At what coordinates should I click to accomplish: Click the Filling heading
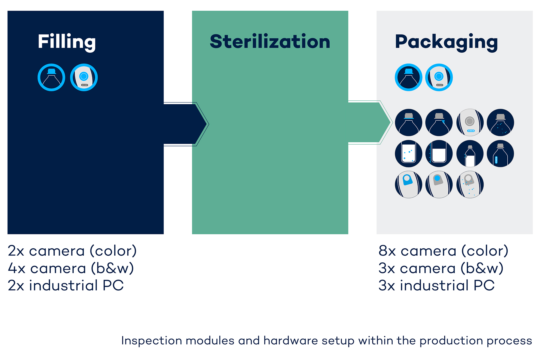click(x=67, y=42)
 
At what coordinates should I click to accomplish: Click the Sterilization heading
click(x=270, y=41)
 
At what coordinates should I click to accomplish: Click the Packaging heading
click(x=446, y=42)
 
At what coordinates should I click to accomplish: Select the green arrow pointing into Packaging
click(x=370, y=122)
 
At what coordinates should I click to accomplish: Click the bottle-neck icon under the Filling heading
click(x=51, y=77)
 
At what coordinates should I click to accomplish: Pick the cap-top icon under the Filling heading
click(x=84, y=77)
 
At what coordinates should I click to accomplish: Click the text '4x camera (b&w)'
click(x=71, y=268)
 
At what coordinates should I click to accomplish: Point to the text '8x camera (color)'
click(x=443, y=251)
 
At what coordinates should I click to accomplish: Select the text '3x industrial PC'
click(x=436, y=285)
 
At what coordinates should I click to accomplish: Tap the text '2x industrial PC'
click(x=66, y=285)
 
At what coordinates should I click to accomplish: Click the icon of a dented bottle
click(x=470, y=154)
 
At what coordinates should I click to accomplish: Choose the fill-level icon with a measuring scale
click(x=439, y=154)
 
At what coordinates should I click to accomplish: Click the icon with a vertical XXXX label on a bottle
click(x=500, y=154)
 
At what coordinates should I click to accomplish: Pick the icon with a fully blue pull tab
click(x=409, y=184)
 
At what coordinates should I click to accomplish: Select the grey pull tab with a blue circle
click(x=439, y=184)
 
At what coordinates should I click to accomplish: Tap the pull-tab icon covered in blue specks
click(x=470, y=184)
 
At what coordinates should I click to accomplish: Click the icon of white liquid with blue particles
click(x=409, y=154)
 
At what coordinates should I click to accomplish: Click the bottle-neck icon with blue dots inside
click(x=500, y=123)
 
